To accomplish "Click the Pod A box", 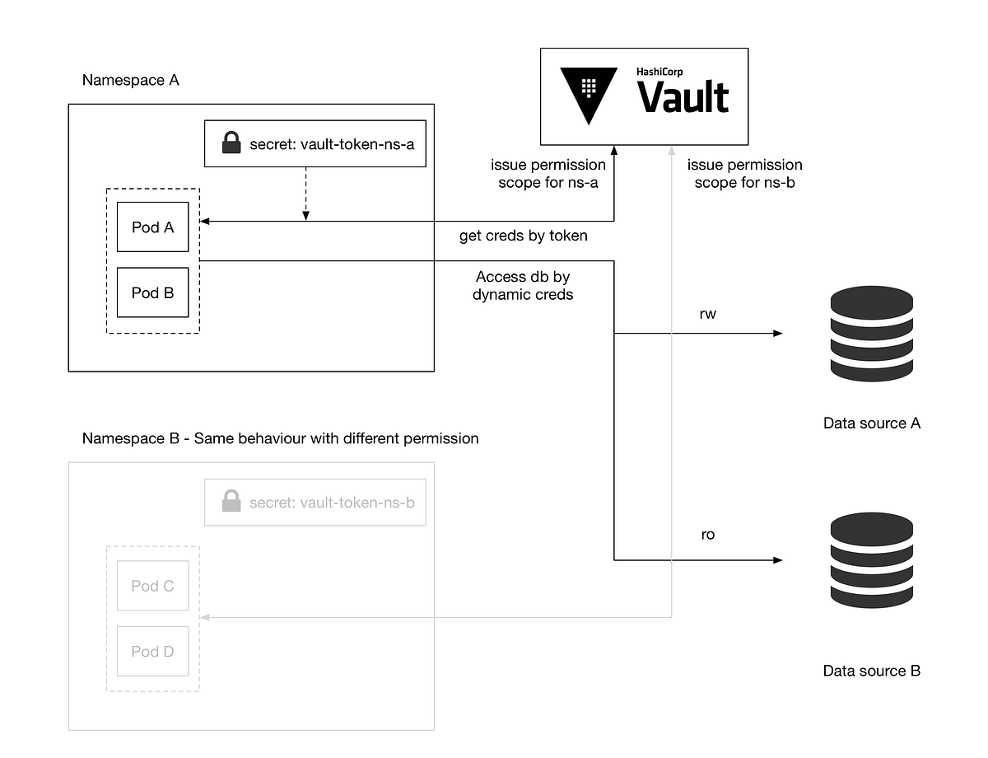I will tap(152, 227).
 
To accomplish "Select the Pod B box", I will tap(152, 292).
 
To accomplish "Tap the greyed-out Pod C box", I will tap(152, 586).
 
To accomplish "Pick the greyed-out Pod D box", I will tap(152, 652).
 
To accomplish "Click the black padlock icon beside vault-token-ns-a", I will tap(231, 144).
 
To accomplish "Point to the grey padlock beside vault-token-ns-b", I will tap(231, 501).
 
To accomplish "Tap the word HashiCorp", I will tap(659, 73).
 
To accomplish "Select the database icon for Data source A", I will tap(872, 334).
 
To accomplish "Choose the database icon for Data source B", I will tap(872, 559).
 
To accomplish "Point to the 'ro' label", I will tap(707, 535).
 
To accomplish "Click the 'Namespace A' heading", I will tap(131, 81).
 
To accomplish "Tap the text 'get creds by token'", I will tap(524, 236).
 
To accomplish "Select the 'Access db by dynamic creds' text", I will tap(523, 285).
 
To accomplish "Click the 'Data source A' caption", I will tap(872, 423).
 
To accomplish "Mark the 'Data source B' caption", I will tap(872, 671).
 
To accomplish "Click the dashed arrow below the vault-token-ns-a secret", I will tap(305, 194).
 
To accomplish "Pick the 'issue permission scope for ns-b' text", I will tap(745, 174).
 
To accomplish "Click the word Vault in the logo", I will tap(683, 97).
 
